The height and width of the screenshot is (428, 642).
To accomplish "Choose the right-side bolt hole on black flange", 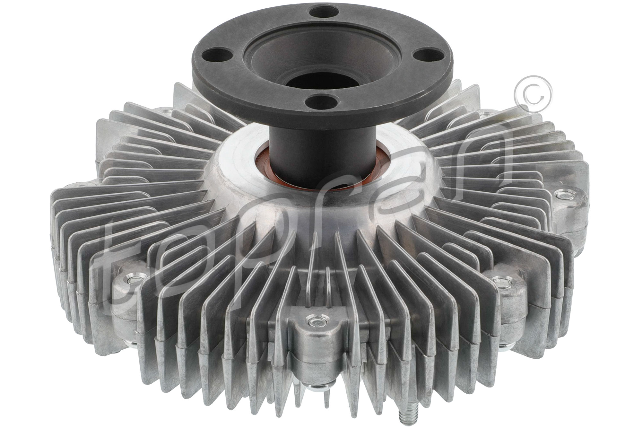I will click(x=427, y=52).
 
